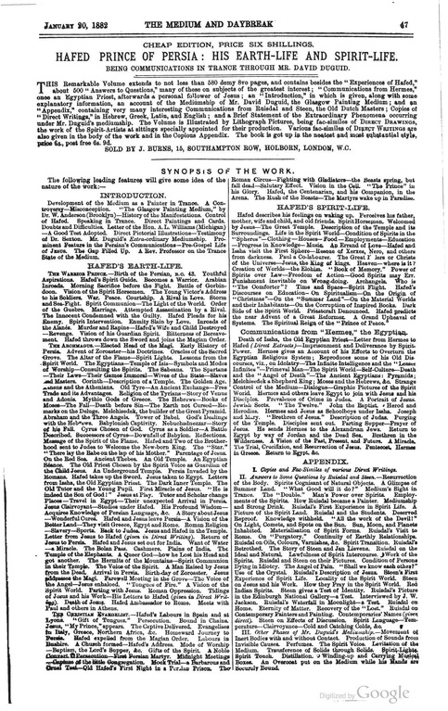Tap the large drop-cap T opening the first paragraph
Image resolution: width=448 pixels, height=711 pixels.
point(25,78)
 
